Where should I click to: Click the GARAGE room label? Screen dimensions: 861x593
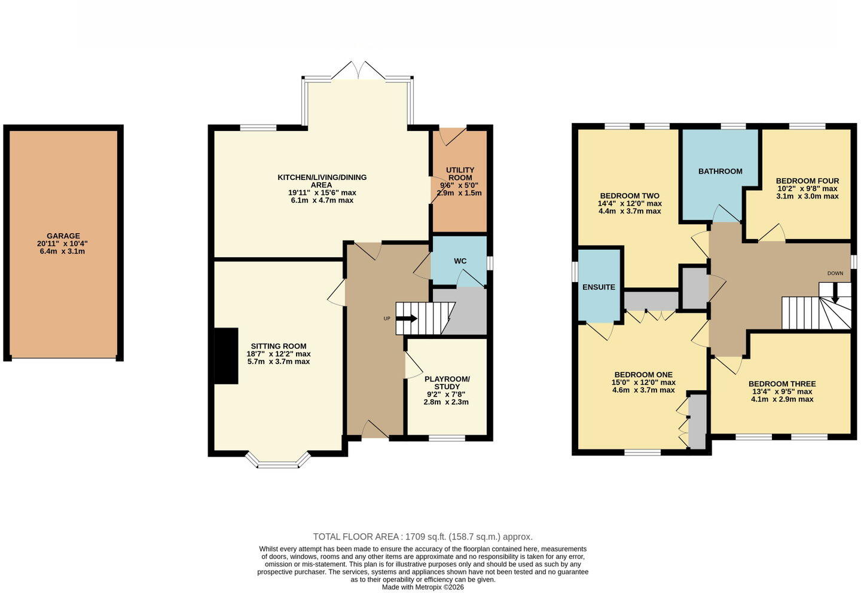click(63, 236)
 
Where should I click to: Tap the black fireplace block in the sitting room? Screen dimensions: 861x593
click(226, 356)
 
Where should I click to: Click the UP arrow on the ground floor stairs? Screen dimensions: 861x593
click(407, 319)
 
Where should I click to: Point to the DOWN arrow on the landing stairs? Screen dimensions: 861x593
click(835, 295)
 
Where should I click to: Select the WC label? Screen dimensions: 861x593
click(460, 261)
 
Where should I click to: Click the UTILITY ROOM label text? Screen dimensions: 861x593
click(460, 174)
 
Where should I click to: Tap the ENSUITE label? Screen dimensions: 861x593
click(599, 287)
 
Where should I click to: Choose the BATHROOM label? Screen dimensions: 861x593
click(720, 172)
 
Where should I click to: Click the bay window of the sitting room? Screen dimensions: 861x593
click(278, 461)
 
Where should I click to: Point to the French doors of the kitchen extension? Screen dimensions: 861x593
click(358, 71)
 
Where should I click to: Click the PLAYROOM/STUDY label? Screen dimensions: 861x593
click(447, 383)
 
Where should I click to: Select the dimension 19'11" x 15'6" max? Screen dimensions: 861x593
click(322, 192)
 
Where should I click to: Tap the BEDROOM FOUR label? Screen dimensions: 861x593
click(807, 181)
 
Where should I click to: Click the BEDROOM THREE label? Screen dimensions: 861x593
click(782, 384)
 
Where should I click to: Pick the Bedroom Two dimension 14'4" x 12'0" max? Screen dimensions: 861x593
click(630, 203)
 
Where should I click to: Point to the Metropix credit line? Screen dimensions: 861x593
click(423, 587)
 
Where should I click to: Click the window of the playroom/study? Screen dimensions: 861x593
click(447, 438)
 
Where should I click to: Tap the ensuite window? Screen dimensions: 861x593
click(575, 272)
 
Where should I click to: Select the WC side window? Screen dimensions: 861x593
click(490, 263)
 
